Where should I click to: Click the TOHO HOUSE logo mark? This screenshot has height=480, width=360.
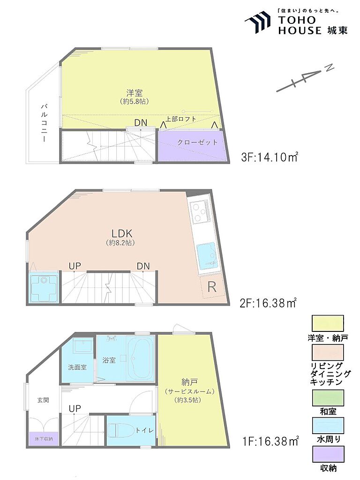point(258,22)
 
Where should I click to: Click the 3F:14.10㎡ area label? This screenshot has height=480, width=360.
point(270,157)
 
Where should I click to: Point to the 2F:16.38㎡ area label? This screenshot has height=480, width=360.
point(268,303)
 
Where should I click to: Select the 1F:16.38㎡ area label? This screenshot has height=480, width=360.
point(270,441)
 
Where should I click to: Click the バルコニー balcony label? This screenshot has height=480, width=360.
point(44,123)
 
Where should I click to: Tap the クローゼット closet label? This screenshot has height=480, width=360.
point(197,142)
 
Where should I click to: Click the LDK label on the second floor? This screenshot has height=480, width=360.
point(121,234)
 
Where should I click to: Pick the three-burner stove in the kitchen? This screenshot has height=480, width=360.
point(199,211)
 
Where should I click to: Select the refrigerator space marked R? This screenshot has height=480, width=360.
point(212,287)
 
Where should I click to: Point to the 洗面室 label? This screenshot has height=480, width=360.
point(77,367)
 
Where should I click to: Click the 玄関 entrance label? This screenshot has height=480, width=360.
point(43,400)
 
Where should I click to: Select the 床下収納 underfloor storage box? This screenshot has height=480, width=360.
point(43,439)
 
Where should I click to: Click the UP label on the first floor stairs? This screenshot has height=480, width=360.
point(75,409)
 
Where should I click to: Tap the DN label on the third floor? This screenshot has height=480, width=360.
point(141,123)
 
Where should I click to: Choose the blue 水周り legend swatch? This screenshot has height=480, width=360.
point(328,426)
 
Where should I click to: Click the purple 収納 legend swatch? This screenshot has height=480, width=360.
point(328,454)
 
